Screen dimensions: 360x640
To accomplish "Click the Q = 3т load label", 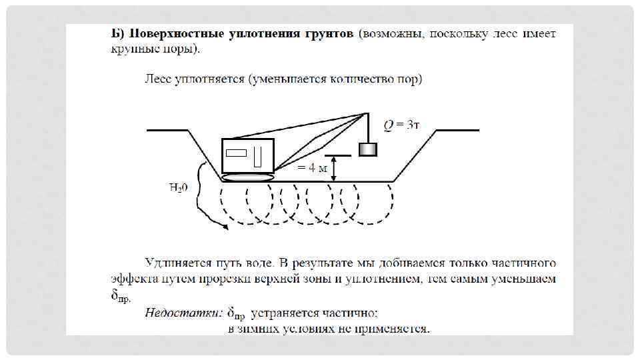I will click(401, 125).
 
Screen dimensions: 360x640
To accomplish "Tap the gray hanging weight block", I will click(368, 149).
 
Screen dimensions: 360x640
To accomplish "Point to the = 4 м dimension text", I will click(312, 167).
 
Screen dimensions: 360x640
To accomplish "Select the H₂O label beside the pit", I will click(178, 187).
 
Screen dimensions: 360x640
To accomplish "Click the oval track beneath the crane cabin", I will click(248, 177).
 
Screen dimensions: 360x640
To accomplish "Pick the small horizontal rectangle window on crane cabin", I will click(237, 153).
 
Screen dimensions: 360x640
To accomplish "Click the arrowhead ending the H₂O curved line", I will click(226, 227).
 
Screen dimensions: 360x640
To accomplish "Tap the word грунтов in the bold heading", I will click(326, 33).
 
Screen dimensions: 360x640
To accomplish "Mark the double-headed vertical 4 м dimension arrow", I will click(335, 167).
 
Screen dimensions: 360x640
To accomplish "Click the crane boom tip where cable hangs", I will click(367, 114).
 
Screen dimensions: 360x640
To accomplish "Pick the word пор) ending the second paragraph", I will click(410, 80).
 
